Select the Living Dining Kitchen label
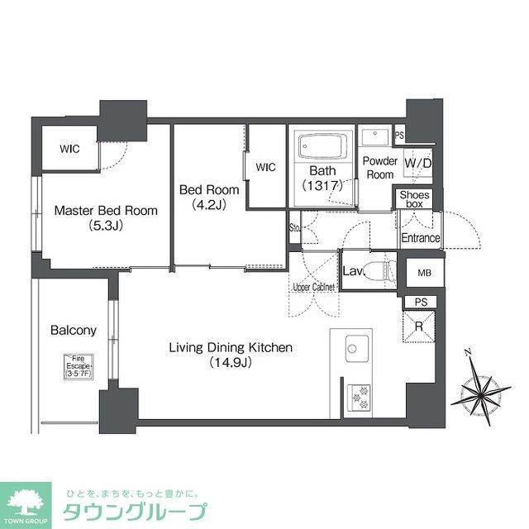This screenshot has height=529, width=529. (231, 355)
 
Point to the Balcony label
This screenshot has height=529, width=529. (74, 330)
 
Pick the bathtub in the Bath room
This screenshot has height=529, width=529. (321, 147)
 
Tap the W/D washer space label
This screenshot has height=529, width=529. (418, 164)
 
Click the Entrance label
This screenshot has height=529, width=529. (420, 238)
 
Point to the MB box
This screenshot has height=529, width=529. (425, 272)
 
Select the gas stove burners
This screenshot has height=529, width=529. (361, 398)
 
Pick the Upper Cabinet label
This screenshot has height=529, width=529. (312, 287)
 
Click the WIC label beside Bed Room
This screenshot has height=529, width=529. (265, 167)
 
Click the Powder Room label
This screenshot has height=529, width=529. (380, 168)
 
